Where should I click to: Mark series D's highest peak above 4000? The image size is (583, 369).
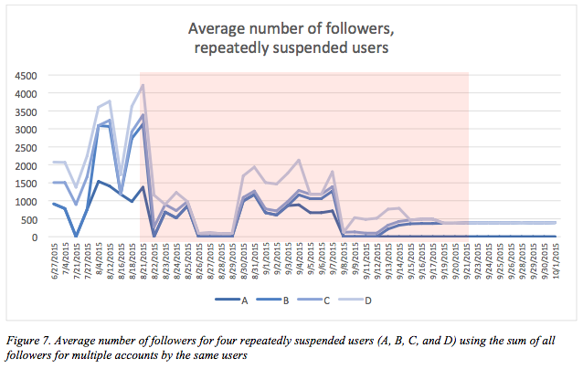click(143, 85)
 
